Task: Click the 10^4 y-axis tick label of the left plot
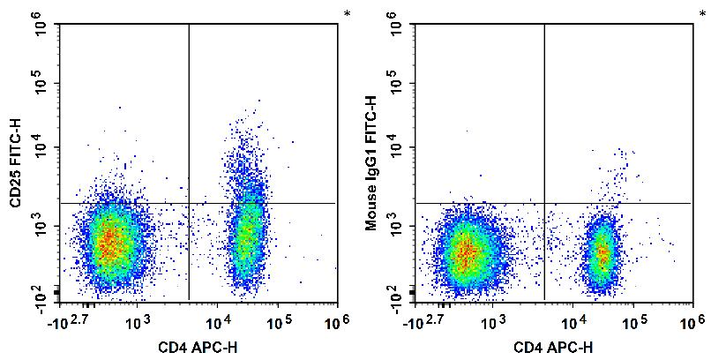(x=41, y=146)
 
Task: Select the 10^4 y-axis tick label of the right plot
(x=397, y=146)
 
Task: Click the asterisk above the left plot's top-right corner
(x=347, y=13)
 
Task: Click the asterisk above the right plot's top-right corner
(x=702, y=13)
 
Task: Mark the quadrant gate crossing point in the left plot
(x=189, y=203)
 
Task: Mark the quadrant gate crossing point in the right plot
(x=544, y=203)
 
